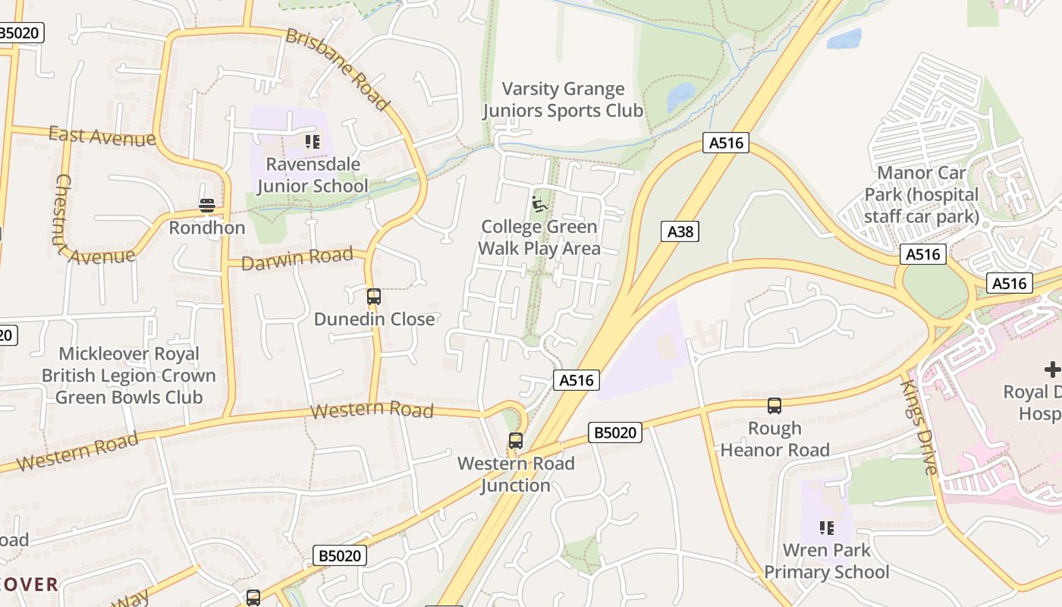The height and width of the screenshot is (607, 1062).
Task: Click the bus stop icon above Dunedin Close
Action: coord(373,297)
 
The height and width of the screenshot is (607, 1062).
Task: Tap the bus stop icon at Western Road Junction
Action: coord(516,440)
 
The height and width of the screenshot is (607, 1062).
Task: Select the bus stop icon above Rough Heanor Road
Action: coord(774,406)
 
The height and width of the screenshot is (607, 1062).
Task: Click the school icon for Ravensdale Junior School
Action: coord(312,142)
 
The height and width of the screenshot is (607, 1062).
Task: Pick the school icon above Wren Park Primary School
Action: coord(826,527)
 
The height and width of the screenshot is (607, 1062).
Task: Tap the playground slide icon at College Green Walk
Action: coord(539,204)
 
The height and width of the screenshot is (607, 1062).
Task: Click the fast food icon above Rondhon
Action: coord(207,206)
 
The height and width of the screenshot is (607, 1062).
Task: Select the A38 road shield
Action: coord(680,231)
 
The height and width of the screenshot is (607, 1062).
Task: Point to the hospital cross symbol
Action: coord(1052,370)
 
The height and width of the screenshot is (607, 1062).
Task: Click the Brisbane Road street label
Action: coord(338,69)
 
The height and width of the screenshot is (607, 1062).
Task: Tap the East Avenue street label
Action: coord(102,137)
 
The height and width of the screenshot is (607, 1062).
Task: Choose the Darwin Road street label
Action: coord(297,258)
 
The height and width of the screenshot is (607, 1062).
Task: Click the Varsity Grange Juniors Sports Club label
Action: coord(563,100)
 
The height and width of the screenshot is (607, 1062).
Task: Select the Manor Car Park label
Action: coord(922,195)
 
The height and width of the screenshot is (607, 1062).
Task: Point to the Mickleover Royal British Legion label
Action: coord(129,376)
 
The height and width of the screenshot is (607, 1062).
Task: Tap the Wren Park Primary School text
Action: coord(826,561)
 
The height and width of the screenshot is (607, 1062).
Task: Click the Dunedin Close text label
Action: coord(375,319)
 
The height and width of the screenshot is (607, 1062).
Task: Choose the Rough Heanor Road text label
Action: coord(775,439)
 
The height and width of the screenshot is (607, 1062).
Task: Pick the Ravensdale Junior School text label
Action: coord(312,175)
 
